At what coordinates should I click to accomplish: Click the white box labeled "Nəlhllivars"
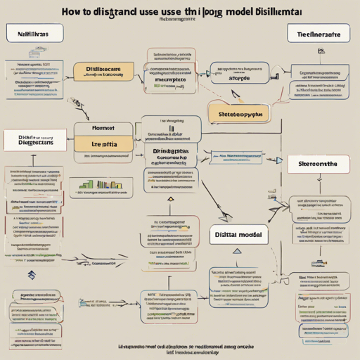34,32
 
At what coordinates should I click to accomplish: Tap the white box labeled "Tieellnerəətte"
318,32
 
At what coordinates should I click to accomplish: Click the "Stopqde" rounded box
239,79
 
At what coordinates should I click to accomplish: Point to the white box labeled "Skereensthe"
319,164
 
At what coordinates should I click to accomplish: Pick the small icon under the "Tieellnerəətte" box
321,51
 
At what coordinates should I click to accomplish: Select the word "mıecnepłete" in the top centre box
169,79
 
